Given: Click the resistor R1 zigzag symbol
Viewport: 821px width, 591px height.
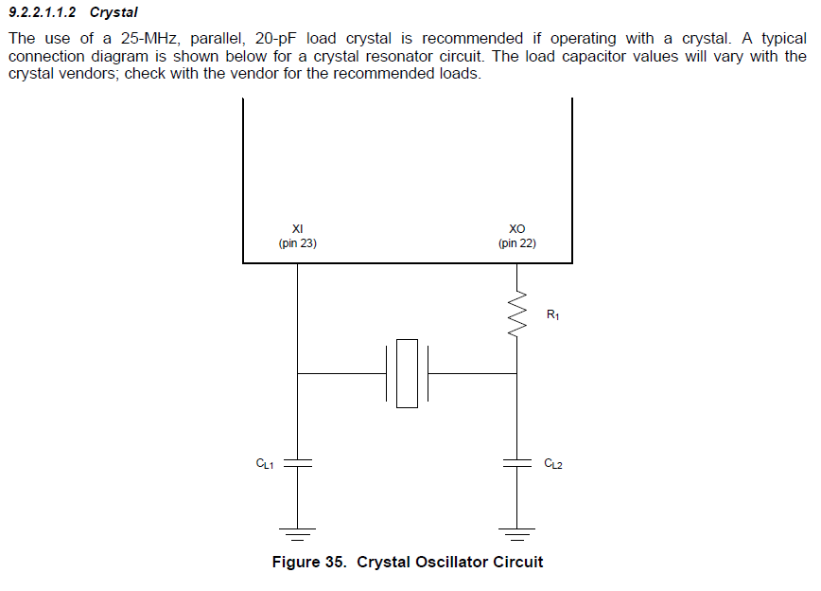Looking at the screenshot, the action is point(516,314).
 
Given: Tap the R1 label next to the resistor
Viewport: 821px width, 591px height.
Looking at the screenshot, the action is point(553,314).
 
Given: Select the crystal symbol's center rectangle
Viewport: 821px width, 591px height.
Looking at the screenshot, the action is point(407,373).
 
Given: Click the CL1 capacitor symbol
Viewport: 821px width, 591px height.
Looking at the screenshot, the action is point(297,463).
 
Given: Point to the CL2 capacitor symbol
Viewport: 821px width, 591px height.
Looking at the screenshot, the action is point(516,463).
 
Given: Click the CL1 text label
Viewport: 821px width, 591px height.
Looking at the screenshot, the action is point(265,463).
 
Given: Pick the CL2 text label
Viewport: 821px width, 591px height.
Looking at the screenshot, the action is point(553,463).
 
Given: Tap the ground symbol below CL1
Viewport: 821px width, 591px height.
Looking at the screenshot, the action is point(297,534).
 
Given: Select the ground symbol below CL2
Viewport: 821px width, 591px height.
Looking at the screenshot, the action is point(516,534).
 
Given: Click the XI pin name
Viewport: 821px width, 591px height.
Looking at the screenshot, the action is point(297,228).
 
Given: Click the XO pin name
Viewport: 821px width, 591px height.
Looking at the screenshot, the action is point(516,228).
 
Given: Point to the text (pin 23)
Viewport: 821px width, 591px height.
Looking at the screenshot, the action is point(297,243).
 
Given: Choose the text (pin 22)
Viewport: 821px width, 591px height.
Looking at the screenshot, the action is point(517,243).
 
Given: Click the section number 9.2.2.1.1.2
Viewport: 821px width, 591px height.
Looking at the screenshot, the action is point(43,12).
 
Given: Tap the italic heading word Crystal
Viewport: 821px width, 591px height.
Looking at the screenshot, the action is point(114,12).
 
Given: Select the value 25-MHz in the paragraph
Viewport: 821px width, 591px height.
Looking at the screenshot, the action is point(150,38).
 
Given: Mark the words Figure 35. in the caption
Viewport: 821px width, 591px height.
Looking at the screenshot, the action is point(309,563).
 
